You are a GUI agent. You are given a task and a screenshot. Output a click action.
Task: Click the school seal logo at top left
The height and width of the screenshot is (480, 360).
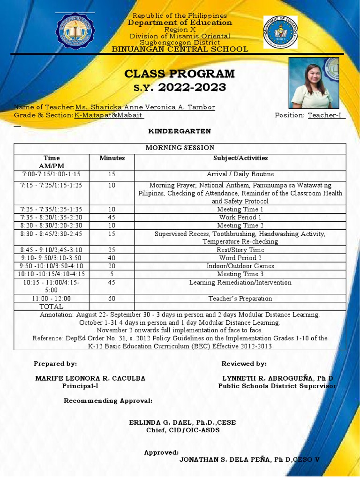click(x=75, y=32)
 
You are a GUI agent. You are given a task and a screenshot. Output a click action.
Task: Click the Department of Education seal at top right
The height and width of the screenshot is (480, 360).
click(x=280, y=32)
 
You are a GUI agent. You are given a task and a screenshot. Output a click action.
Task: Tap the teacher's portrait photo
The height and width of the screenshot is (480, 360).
click(x=310, y=83)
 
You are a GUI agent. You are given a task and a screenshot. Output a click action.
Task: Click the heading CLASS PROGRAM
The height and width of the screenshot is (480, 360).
click(x=180, y=74)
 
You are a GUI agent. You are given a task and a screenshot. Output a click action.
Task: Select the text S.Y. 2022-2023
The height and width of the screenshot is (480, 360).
click(x=180, y=87)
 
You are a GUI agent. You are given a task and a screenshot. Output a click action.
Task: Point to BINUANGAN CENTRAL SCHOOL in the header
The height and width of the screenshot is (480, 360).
click(x=180, y=49)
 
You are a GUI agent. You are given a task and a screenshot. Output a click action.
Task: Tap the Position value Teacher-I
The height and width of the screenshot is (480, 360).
click(x=326, y=115)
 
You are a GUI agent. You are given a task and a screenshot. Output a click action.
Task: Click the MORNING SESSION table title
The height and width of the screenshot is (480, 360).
click(x=180, y=148)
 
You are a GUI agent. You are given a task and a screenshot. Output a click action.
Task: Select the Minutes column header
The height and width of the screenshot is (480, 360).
click(x=112, y=158)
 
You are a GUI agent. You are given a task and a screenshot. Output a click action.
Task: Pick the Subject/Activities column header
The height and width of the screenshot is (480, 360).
click(x=240, y=158)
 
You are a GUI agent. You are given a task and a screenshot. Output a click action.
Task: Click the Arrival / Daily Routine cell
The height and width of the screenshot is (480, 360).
click(x=240, y=174)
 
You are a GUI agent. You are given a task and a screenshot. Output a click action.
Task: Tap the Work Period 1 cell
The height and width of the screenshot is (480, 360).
click(x=240, y=217)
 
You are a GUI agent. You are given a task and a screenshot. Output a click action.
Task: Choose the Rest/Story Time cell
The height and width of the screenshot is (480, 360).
click(x=240, y=250)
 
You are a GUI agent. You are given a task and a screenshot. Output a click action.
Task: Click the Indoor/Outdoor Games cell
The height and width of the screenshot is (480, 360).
click(x=240, y=266)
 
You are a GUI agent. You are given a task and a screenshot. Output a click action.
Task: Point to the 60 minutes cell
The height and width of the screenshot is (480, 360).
click(x=112, y=298)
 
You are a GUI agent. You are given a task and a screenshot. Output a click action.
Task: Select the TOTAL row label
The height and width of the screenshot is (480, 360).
click(x=51, y=306)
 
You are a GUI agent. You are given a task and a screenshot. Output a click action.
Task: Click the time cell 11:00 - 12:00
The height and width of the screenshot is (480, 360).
click(x=51, y=298)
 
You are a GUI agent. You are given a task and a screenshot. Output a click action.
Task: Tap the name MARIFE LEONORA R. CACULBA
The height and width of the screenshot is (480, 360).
click(x=90, y=378)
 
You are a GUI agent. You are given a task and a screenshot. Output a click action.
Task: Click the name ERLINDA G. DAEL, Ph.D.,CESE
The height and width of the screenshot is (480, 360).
click(x=182, y=422)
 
